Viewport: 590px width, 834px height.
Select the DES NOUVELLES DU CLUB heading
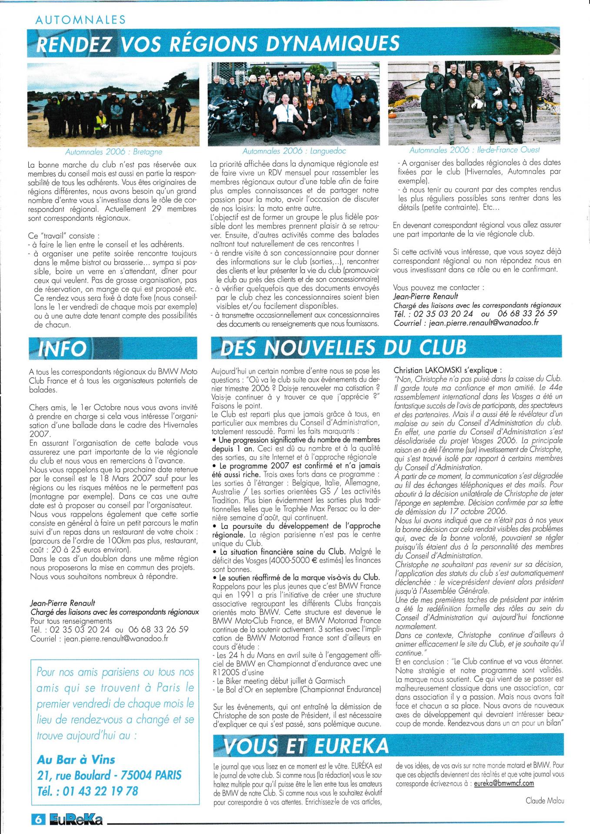click(x=343, y=347)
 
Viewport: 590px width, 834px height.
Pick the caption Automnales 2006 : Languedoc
click(x=294, y=151)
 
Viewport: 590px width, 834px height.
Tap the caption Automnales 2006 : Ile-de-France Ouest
click(x=475, y=150)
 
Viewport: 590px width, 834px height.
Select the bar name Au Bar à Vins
click(x=76, y=759)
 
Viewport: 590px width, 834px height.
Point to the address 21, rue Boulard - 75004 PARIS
click(x=109, y=775)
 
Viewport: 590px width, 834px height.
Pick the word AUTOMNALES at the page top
click(x=80, y=20)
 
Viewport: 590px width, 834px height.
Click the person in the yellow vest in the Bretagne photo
click(x=101, y=119)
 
